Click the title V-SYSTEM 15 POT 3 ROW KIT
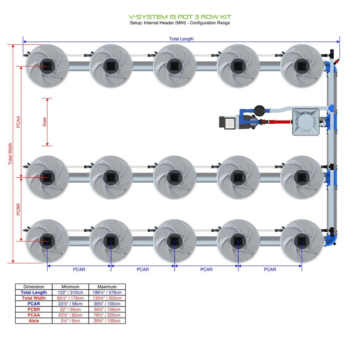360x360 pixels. pyautogui.click(x=180, y=17)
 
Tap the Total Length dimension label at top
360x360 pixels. pyautogui.click(x=181, y=39)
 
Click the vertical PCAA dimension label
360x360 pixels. pyautogui.click(x=18, y=121)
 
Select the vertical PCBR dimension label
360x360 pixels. pyautogui.click(x=18, y=210)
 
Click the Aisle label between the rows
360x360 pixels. pyautogui.click(x=45, y=122)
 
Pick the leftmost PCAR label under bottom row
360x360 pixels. pyautogui.click(x=79, y=270)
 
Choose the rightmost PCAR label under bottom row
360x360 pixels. pyautogui.click(x=270, y=270)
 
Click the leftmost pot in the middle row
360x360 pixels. pyautogui.click(x=47, y=178)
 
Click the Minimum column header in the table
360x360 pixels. pyautogui.click(x=71, y=287)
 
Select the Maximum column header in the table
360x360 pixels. pyautogui.click(x=107, y=287)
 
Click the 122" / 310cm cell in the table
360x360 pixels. pyautogui.click(x=71, y=292)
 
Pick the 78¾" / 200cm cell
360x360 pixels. pyautogui.click(x=107, y=315)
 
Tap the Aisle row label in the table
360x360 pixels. pyautogui.click(x=34, y=321)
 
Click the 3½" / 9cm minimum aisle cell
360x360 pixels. pyautogui.click(x=71, y=321)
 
